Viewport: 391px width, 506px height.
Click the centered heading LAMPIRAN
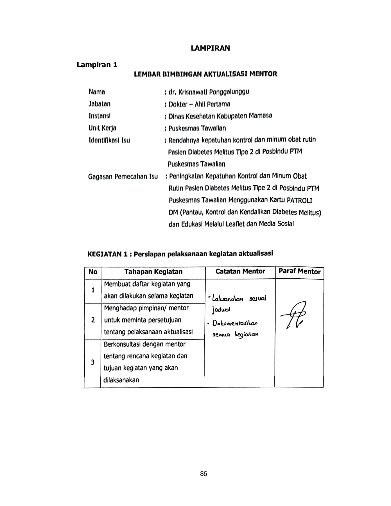tap(210, 48)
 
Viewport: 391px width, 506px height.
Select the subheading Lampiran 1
tap(97, 65)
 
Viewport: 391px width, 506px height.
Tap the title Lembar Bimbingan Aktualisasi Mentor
tap(206, 74)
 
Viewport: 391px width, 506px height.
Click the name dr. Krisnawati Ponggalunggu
tap(209, 92)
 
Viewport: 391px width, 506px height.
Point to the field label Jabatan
tap(100, 104)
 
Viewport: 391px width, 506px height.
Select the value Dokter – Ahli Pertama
tap(199, 104)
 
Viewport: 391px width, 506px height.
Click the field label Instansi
tap(100, 116)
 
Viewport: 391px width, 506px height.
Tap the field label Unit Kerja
tap(102, 128)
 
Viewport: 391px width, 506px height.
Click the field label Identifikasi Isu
tap(109, 140)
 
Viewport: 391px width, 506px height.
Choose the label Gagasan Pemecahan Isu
tap(123, 177)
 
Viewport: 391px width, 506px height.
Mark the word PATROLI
tap(299, 200)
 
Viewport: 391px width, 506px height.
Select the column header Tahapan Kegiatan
tap(153, 272)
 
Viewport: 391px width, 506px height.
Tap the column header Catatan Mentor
tap(240, 271)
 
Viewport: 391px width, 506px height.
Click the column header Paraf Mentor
tap(299, 271)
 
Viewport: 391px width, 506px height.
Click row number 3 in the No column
tap(93, 362)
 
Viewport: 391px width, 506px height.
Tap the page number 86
tap(204, 474)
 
